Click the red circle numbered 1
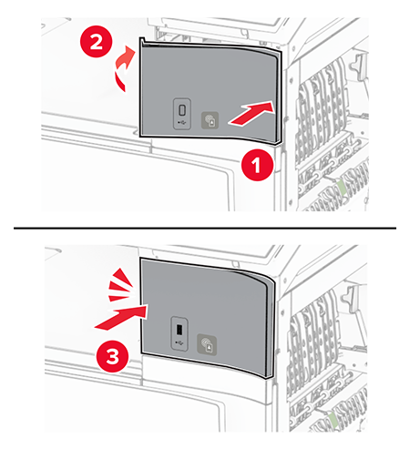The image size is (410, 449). click(x=257, y=165)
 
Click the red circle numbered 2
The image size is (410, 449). click(x=96, y=42)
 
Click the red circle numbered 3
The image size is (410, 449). click(x=112, y=357)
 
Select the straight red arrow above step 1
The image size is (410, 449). click(x=252, y=114)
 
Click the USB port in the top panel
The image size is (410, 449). click(x=182, y=110)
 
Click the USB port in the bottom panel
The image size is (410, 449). click(x=179, y=330)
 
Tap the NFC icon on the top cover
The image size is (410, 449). click(x=210, y=120)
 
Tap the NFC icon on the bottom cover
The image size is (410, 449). click(x=207, y=345)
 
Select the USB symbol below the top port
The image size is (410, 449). click(x=181, y=123)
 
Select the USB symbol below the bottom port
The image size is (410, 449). click(x=179, y=343)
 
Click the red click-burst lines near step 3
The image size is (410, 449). click(x=120, y=285)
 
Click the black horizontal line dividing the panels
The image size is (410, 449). click(x=205, y=228)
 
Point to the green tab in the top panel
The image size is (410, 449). click(x=340, y=187)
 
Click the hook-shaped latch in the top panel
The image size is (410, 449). click(x=359, y=65)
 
